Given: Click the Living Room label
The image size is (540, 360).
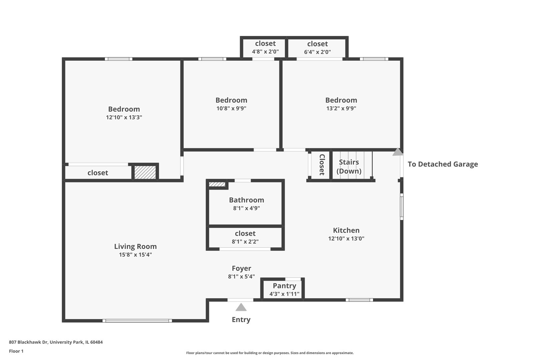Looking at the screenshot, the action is (x=135, y=246).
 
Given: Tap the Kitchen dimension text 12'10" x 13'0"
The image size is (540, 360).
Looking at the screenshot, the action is (x=346, y=238).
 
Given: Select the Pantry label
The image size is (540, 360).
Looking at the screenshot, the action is (x=284, y=286).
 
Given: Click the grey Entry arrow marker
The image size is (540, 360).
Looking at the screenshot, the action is (x=241, y=307).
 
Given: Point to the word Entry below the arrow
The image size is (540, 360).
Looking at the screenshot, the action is (x=241, y=320).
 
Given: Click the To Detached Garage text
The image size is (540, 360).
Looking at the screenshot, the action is (x=443, y=164).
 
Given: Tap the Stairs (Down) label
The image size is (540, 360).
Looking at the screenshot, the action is (x=349, y=167).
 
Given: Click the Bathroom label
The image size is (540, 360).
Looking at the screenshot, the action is (x=246, y=200).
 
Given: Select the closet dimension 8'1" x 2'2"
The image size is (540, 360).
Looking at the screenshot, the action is (x=245, y=242).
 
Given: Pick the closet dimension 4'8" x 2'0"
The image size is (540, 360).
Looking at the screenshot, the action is (x=265, y=52).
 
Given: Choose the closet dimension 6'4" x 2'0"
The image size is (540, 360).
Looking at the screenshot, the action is (x=317, y=52).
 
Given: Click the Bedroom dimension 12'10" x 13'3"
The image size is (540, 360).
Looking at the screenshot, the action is (x=124, y=117).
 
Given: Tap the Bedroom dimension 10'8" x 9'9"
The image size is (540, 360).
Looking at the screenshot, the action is (x=231, y=108).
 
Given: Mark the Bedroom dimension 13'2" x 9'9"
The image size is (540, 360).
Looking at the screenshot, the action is (x=341, y=108).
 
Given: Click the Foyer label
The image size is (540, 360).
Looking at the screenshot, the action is (x=241, y=268).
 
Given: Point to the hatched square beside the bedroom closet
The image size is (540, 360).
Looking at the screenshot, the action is (x=145, y=172).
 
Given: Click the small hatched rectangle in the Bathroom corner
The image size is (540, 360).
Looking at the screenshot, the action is (x=217, y=184).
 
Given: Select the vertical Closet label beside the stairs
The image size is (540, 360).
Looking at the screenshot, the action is (x=322, y=165).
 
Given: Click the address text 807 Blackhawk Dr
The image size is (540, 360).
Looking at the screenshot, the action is (x=28, y=342).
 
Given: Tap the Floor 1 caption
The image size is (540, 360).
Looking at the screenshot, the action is (x=16, y=351).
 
